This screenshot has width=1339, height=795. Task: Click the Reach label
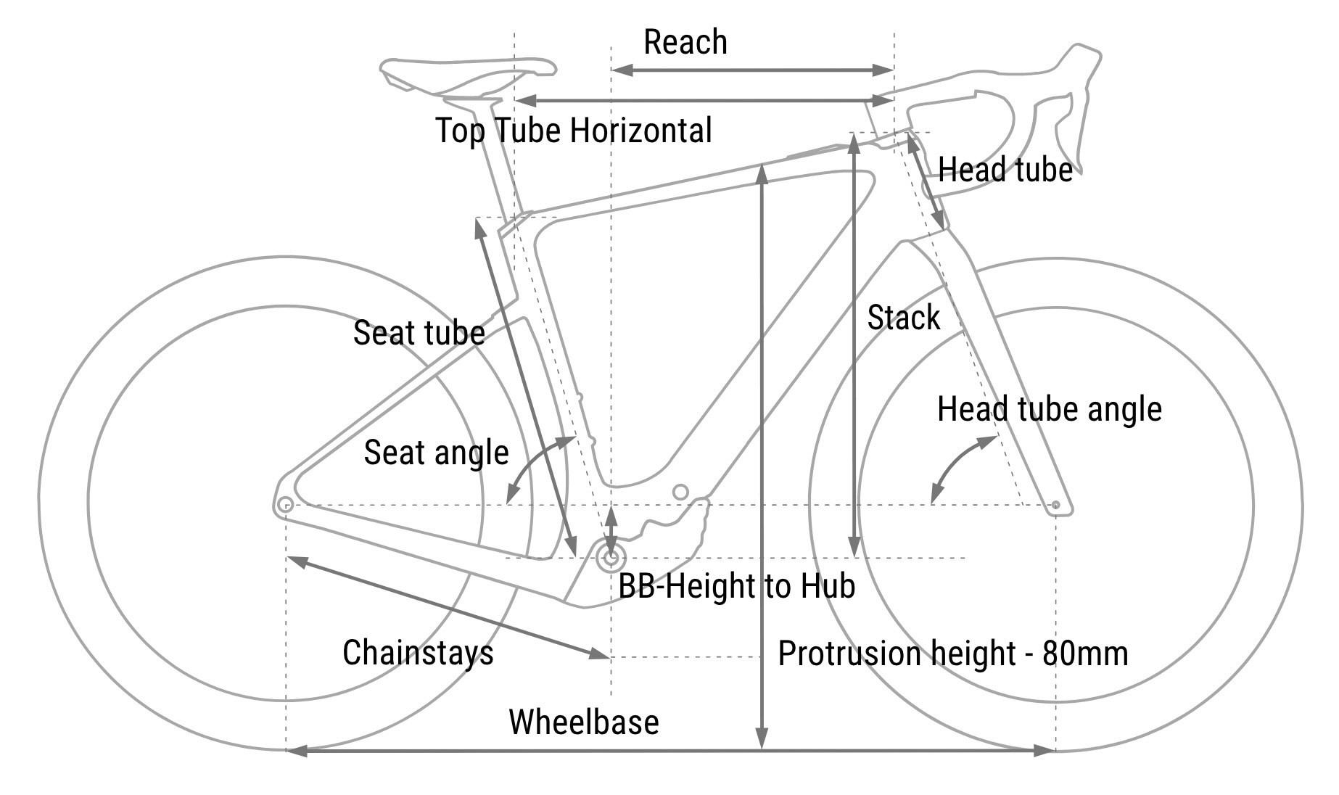685,42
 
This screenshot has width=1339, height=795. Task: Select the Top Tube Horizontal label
573,131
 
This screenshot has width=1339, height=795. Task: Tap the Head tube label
1005,170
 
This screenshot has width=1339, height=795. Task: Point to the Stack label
903,318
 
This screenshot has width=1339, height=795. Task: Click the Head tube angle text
1049,410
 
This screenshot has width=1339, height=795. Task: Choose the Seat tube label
419,333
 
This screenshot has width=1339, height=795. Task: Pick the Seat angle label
436,453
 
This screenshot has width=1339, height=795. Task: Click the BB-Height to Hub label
736,586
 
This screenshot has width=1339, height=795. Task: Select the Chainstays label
418,653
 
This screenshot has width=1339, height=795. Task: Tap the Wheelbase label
584,722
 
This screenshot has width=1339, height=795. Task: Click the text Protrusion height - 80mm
952,654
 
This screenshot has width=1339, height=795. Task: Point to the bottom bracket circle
611,558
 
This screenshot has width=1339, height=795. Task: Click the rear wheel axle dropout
286,505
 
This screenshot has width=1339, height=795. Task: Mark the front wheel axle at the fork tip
1055,505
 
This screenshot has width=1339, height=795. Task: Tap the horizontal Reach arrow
752,70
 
